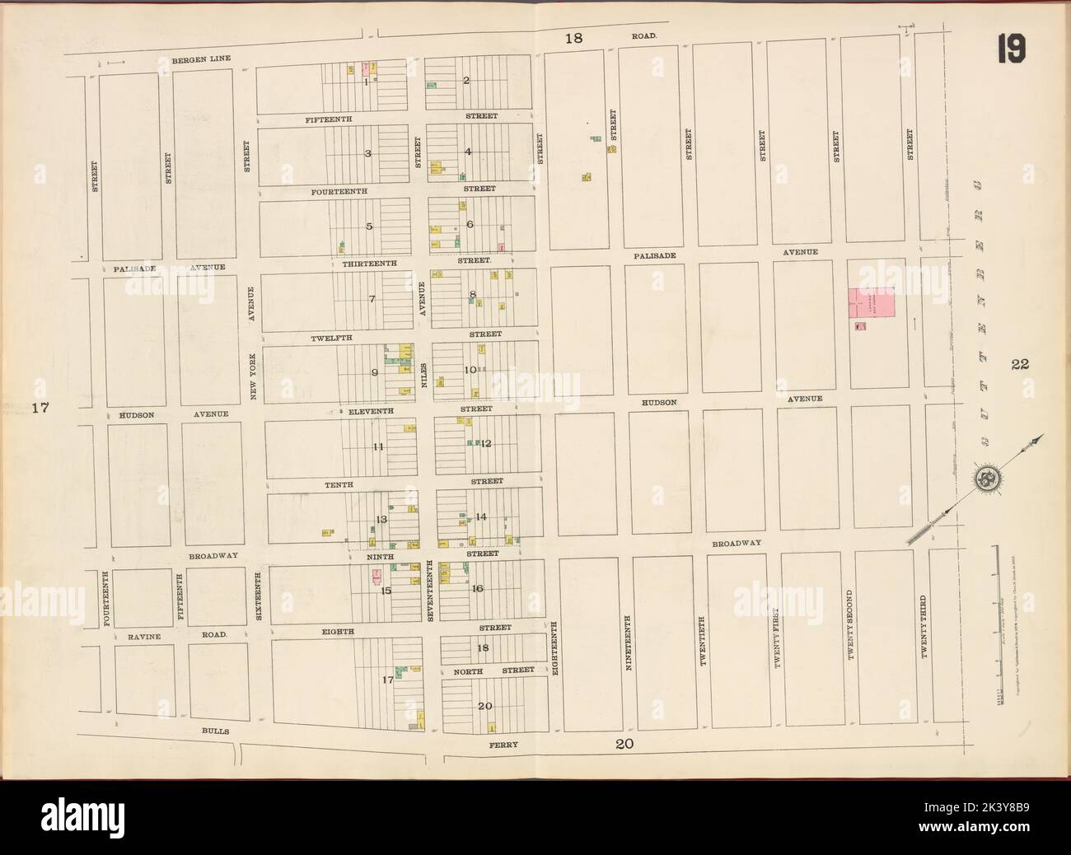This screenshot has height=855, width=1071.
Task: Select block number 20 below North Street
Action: tap(484, 706)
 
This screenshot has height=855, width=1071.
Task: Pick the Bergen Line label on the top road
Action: tap(201, 60)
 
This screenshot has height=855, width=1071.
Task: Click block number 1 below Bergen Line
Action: tap(364, 81)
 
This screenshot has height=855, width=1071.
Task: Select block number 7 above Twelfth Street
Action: tap(372, 298)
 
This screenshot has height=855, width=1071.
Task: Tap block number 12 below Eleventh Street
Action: tap(486, 443)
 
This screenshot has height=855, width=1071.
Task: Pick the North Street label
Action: tap(494, 670)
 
